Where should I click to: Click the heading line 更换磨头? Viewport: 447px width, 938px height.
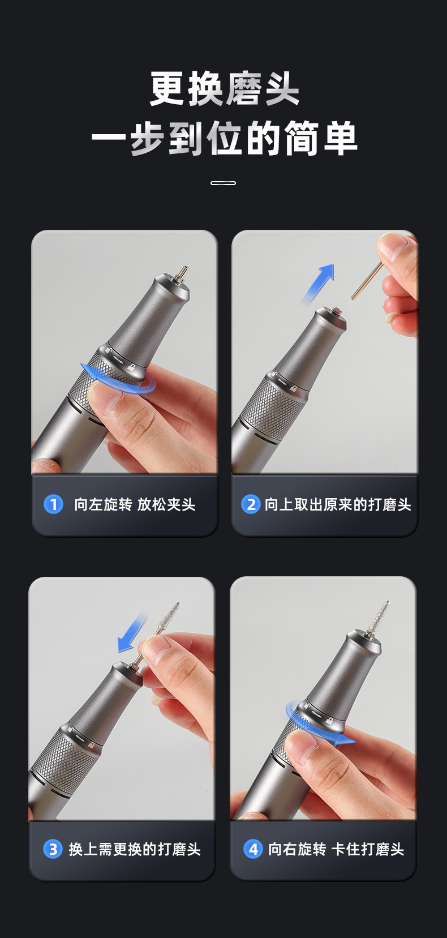[224, 89]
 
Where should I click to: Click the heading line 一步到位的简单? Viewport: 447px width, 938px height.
[224, 139]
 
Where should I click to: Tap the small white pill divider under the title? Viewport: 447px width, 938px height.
[223, 183]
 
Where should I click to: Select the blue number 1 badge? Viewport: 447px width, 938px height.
[54, 504]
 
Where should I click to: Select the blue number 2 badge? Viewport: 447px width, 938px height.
[250, 504]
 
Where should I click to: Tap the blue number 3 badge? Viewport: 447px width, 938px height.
[53, 849]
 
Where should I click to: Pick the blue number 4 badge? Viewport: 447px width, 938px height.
[253, 849]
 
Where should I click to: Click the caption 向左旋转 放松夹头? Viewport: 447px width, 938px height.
[135, 504]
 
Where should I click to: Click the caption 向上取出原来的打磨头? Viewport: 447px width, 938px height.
[338, 504]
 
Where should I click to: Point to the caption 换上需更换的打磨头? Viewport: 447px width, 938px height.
[135, 849]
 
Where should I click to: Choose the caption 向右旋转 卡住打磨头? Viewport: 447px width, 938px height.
[336, 849]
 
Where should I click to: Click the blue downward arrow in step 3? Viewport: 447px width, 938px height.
[132, 633]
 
